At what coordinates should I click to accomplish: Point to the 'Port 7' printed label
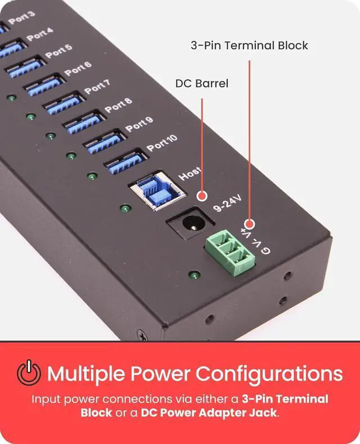97,87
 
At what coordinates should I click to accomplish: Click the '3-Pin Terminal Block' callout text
249,45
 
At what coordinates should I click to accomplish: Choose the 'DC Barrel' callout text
201,83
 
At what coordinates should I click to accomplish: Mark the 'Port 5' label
59,51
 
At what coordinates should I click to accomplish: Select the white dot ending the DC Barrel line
201,195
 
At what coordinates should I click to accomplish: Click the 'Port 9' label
139,124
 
